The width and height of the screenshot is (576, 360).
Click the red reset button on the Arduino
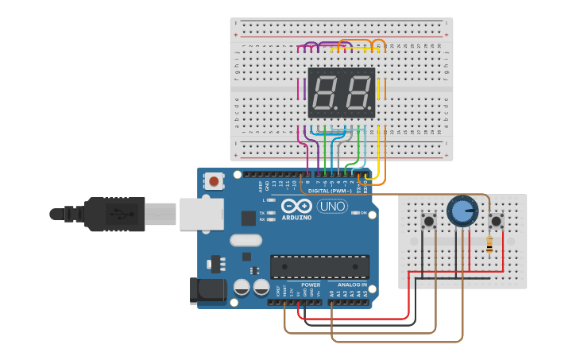click(x=214, y=181)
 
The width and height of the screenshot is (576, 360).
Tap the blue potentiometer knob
click(x=461, y=211)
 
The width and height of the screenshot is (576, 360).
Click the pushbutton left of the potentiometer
click(x=430, y=220)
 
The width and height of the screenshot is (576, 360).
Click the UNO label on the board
click(x=332, y=207)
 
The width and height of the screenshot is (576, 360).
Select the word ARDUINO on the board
click(x=296, y=217)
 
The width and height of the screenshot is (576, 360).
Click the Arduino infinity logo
click(x=296, y=206)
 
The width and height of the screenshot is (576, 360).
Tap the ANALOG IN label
click(x=353, y=284)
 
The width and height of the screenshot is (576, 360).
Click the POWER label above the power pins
click(x=311, y=284)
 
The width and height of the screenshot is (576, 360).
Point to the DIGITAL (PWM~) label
click(x=330, y=192)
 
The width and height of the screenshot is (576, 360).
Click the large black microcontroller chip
click(x=319, y=266)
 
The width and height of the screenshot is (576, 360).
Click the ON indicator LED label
click(x=365, y=213)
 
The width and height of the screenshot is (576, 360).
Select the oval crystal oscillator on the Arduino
click(x=245, y=240)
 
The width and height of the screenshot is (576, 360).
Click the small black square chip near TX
click(x=247, y=216)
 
